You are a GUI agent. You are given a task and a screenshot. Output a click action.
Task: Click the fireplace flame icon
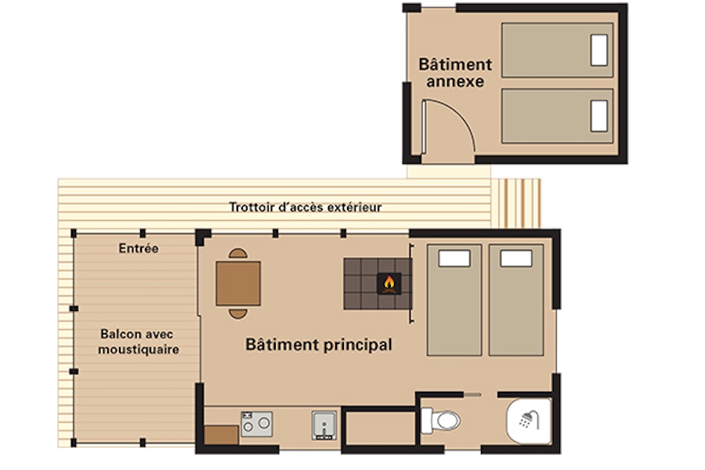tap(389, 283)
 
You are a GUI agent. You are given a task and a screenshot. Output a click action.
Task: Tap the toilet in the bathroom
tap(441, 421)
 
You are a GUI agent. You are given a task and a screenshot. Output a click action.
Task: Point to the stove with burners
tap(256, 424)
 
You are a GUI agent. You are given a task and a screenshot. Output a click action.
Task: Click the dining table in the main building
tap(238, 284)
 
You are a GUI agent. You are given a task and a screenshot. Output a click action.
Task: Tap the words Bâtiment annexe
tap(455, 72)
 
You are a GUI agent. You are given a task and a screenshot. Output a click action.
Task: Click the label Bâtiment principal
tap(319, 345)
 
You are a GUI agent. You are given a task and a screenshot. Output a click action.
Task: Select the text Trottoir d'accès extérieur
tap(305, 208)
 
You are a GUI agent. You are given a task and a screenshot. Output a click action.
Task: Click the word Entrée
tap(139, 249)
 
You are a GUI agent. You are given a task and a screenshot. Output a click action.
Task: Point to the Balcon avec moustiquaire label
tap(139, 342)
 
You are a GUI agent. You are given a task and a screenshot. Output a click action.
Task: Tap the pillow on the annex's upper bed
tap(599, 51)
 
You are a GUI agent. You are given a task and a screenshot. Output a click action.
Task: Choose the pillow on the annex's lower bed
tap(599, 116)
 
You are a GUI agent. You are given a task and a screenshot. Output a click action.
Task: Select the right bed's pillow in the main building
tap(515, 258)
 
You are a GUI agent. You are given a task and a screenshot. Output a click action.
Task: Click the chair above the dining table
tap(238, 254)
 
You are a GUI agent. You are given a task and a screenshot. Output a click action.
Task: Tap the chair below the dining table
tap(238, 313)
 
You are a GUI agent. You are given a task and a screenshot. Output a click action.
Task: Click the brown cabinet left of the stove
tap(222, 436)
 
